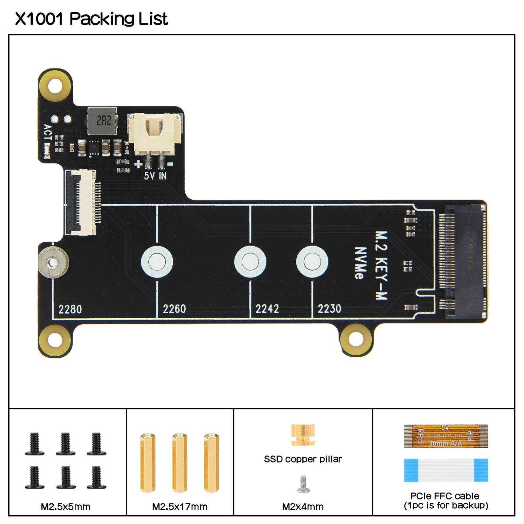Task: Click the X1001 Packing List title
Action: click(91, 19)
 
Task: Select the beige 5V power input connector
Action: click(155, 134)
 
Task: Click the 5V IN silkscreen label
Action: click(155, 176)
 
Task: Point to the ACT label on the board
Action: click(48, 132)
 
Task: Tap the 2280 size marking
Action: click(70, 309)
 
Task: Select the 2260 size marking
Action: click(174, 309)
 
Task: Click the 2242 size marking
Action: click(267, 309)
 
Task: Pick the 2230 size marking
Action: click(329, 309)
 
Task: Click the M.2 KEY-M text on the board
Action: click(381, 265)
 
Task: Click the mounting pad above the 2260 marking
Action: click(157, 262)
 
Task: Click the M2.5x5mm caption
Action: click(65, 507)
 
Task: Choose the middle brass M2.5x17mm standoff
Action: click(179, 462)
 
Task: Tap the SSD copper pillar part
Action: click(303, 435)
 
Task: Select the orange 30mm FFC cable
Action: click(446, 436)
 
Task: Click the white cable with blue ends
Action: click(446, 470)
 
